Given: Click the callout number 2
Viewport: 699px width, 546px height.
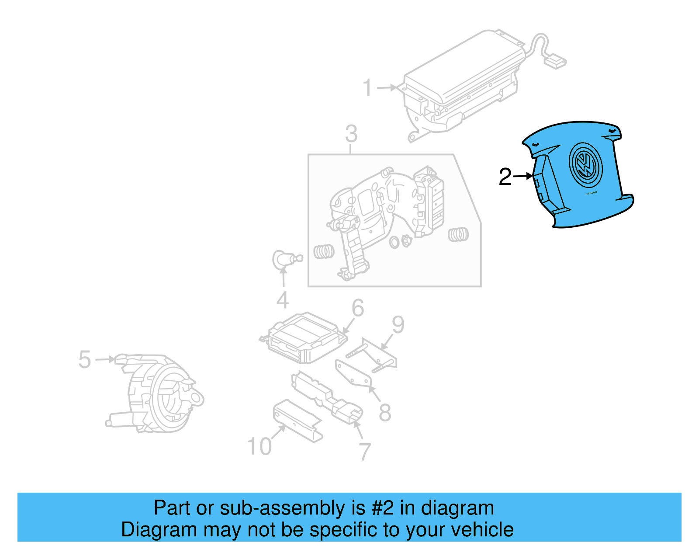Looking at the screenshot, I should tap(505, 177).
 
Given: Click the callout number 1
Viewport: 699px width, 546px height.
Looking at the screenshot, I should tap(367, 87).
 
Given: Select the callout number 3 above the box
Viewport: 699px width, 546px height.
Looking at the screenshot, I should tap(351, 134).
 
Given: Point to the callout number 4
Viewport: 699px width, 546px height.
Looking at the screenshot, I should tap(283, 300).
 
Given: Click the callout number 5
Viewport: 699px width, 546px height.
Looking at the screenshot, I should tap(84, 359).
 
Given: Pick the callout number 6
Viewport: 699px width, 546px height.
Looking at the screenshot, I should tap(358, 308).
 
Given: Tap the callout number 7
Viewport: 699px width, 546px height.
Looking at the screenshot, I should tap(365, 452).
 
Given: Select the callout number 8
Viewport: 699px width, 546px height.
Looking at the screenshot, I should tap(384, 412).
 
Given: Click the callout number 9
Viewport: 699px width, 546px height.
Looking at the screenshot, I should tap(398, 325).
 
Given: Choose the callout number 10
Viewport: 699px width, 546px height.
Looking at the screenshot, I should tap(260, 446).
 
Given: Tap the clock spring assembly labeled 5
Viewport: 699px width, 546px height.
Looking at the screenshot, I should tap(157, 393).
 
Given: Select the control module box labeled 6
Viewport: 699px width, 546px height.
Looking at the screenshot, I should tap(304, 337).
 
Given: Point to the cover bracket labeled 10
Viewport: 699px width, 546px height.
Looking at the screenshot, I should tap(297, 420).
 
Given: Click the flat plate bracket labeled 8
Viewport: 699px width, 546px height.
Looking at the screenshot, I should tap(353, 374).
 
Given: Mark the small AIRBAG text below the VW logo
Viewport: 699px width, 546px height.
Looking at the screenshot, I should tap(591, 193).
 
